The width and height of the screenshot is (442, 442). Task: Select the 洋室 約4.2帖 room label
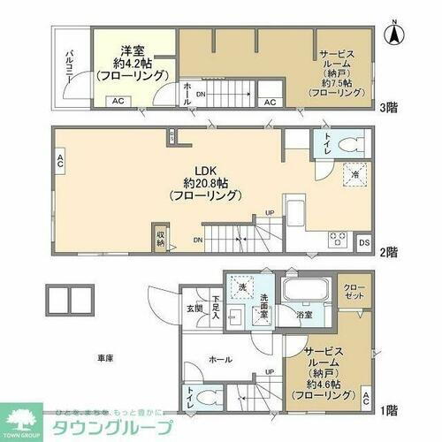(132, 64)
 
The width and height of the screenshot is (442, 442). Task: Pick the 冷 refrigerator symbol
(353, 175)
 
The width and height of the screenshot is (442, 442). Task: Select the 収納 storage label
(160, 236)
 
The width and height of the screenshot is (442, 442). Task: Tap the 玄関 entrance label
(193, 308)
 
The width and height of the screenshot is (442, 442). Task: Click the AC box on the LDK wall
(60, 161)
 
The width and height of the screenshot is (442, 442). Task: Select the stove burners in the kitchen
(337, 236)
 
